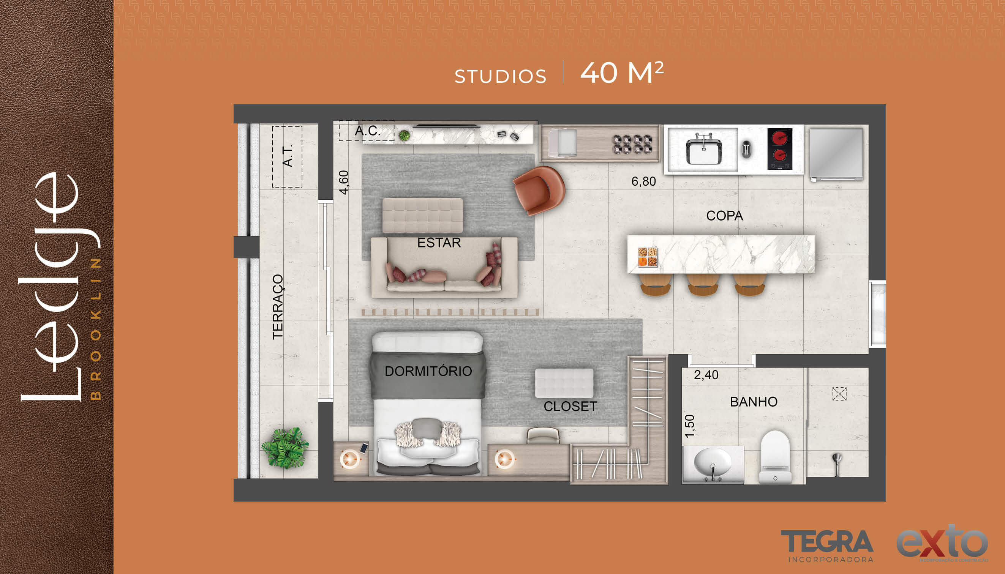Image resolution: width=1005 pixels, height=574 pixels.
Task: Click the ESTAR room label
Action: click(439, 243)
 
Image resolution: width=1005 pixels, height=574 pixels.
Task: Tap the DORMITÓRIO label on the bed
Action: click(428, 371)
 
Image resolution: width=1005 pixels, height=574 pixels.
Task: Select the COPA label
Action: click(725, 216)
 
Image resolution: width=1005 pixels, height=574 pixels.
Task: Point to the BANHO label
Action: click(753, 402)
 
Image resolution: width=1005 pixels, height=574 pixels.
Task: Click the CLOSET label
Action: click(570, 407)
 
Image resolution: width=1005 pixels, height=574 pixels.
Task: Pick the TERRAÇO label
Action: click(278, 307)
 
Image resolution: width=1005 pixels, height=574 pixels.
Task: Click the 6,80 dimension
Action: click(643, 182)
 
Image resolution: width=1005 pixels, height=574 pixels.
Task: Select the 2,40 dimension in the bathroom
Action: click(706, 375)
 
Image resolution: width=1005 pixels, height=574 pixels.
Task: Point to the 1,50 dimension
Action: click(689, 426)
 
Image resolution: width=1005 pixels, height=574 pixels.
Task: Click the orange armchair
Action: click(539, 191)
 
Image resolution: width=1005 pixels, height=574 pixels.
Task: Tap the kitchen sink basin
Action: click(704, 151)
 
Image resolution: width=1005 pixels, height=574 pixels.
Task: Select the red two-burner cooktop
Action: click(780, 149)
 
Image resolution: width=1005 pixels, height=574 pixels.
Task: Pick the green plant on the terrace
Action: click(285, 448)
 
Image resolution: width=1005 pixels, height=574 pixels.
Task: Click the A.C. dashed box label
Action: click(367, 131)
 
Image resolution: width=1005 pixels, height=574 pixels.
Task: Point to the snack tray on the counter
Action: click(648, 257)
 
